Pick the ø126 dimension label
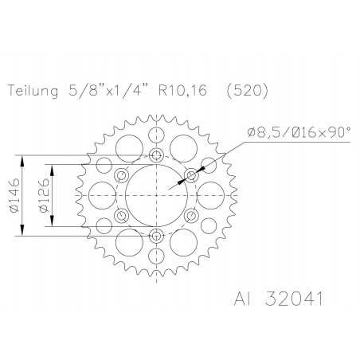click(48, 195)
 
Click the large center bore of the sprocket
click(156, 195)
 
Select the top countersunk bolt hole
click(156, 155)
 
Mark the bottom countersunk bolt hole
click(156, 236)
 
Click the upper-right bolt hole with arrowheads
click(191, 174)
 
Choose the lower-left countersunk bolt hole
click(121, 215)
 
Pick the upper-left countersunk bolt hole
click(121, 174)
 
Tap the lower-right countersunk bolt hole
click(191, 215)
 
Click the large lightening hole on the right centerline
click(213, 195)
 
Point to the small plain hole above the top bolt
click(156, 135)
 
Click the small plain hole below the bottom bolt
click(156, 256)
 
